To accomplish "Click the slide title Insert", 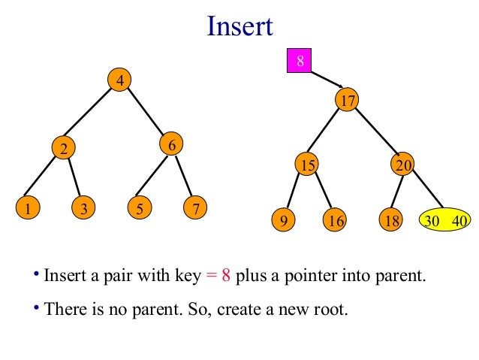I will click(x=239, y=27).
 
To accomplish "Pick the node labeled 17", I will click(x=346, y=101).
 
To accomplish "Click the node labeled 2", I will click(x=64, y=149).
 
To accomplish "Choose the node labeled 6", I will click(x=172, y=144).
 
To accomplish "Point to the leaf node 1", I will click(x=27, y=208).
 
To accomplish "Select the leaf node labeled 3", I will click(x=83, y=208).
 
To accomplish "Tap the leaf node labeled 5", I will click(x=139, y=208).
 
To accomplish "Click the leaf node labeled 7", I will click(x=195, y=208).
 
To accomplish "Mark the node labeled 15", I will click(x=306, y=165).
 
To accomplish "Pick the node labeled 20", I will click(x=402, y=165).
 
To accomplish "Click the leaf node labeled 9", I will click(x=283, y=220).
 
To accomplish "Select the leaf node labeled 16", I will click(x=336, y=220).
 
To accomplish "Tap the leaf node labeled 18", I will click(x=388, y=220).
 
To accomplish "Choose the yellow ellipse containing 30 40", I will click(x=444, y=220).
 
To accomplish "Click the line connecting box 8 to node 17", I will click(x=326, y=80).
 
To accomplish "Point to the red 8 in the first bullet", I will click(x=225, y=275).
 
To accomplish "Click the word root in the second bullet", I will click(x=332, y=309).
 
